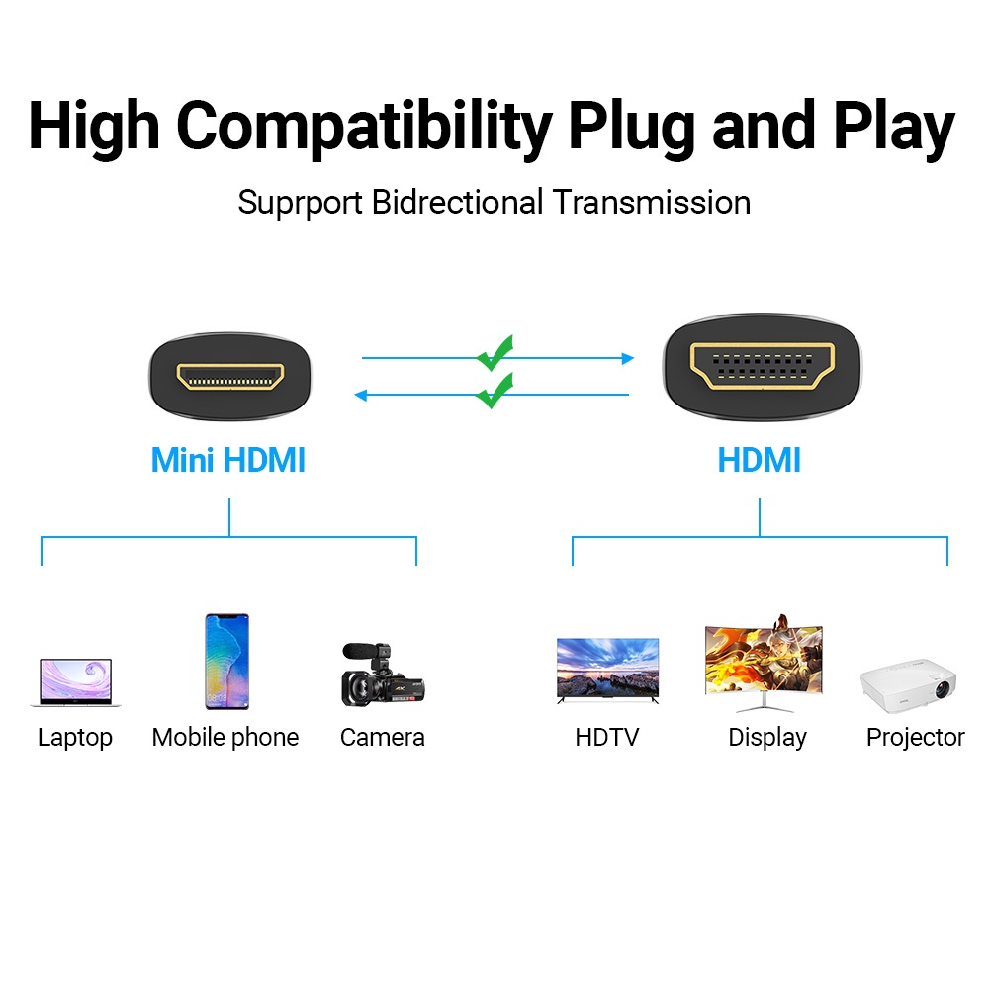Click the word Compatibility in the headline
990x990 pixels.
[364, 129]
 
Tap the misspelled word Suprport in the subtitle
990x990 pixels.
[300, 204]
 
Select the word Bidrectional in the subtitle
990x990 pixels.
[457, 202]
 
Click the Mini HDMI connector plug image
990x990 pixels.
[229, 376]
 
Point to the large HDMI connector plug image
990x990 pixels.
[763, 367]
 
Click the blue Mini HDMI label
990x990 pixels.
[227, 460]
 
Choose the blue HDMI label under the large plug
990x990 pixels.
[759, 460]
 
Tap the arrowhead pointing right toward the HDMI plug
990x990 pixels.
[628, 358]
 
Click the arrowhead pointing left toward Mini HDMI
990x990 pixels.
[361, 396]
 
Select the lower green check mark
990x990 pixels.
[495, 392]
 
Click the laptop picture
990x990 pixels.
[76, 681]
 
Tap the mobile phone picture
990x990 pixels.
[227, 662]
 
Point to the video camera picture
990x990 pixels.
[383, 675]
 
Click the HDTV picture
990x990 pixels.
[607, 670]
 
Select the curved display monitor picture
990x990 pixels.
[764, 663]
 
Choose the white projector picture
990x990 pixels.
[909, 685]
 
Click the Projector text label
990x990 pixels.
[916, 738]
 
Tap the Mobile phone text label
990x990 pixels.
[225, 738]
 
